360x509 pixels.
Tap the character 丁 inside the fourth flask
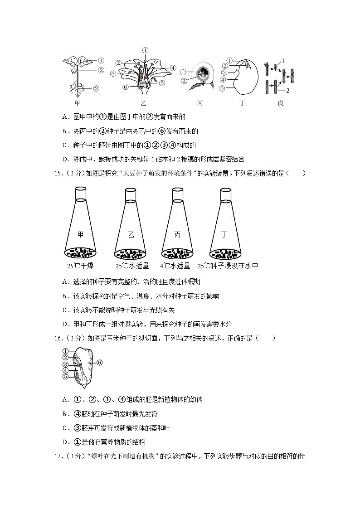224,234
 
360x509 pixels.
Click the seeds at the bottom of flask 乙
131,252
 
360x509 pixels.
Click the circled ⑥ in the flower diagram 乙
126,87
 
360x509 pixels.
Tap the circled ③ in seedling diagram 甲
97,88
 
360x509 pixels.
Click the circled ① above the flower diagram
145,50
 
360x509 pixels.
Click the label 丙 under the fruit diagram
200,103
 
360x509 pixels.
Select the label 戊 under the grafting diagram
280,103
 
